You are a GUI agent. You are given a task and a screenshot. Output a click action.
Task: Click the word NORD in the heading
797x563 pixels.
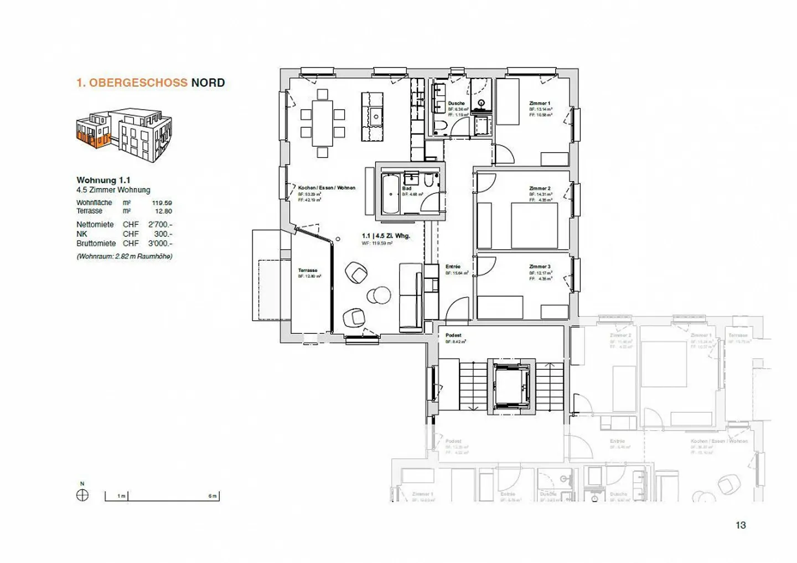click(x=208, y=83)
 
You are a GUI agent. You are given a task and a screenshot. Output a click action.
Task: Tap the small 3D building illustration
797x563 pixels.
click(x=124, y=135)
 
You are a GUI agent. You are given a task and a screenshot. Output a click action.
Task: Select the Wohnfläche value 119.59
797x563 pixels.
click(x=162, y=203)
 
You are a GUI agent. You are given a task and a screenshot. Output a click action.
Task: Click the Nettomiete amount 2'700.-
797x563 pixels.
click(x=160, y=225)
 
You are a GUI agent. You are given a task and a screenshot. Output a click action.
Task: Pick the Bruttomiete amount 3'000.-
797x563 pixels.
click(x=160, y=244)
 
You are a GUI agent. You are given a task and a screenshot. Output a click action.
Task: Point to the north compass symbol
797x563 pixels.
click(x=82, y=495)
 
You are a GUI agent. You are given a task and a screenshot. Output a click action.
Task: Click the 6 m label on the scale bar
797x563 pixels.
click(x=212, y=496)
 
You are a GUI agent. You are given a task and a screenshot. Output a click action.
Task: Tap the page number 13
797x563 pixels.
click(x=741, y=525)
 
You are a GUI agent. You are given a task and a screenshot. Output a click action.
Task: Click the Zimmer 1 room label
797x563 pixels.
click(x=539, y=104)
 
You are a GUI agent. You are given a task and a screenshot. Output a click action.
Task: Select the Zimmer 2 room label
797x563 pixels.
click(x=539, y=189)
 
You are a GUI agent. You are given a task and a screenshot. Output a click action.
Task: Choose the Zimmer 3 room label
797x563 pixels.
click(x=539, y=267)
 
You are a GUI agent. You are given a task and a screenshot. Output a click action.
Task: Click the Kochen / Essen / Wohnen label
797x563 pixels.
click(x=327, y=188)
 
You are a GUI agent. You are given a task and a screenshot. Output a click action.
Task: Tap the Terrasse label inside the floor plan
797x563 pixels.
click(x=308, y=271)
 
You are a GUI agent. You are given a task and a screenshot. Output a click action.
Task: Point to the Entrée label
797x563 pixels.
click(x=453, y=267)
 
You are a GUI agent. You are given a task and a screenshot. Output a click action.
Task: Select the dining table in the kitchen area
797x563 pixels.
click(x=323, y=123)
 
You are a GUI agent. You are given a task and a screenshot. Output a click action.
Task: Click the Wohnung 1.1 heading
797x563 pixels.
click(x=103, y=180)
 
